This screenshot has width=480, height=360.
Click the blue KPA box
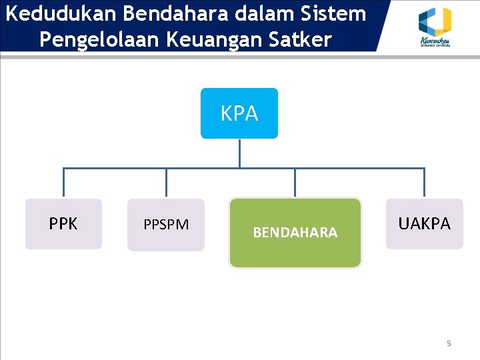(x=239, y=113)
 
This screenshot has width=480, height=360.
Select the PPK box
(x=63, y=224)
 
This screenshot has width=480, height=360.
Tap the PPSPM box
(x=166, y=225)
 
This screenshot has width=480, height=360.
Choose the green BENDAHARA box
(x=295, y=233)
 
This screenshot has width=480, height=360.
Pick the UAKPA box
(x=424, y=224)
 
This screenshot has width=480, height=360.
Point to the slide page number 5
(x=449, y=343)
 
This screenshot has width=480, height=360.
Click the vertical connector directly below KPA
(x=239, y=153)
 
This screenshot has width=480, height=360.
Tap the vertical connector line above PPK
(x=63, y=183)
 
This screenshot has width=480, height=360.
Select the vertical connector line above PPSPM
(x=166, y=183)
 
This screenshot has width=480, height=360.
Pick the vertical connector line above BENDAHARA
(x=295, y=183)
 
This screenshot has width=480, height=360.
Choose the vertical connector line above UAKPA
(x=424, y=183)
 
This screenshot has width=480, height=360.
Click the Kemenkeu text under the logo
(x=434, y=42)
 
